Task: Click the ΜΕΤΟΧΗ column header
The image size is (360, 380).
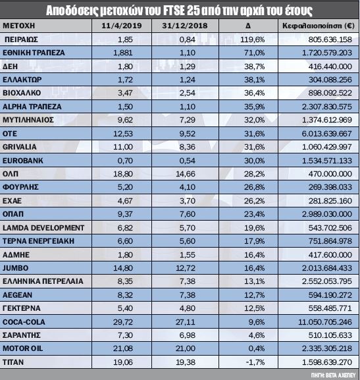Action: [x=19, y=26]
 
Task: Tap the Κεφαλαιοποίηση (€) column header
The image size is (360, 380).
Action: [x=319, y=26]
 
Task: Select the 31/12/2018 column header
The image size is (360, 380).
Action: [x=185, y=26]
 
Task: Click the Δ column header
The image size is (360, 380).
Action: [x=248, y=26]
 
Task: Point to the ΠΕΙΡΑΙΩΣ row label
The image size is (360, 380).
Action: [x=21, y=40]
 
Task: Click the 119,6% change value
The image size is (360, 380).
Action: [x=253, y=40]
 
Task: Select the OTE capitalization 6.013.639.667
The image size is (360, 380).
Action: [x=327, y=134]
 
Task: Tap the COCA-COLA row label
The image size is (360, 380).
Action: [x=24, y=322]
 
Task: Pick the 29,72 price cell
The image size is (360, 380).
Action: [x=123, y=322]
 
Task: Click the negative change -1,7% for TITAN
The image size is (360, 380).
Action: [x=255, y=362]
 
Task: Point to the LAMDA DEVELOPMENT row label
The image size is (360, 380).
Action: [x=43, y=228]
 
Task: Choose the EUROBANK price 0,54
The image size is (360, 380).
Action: [x=188, y=161]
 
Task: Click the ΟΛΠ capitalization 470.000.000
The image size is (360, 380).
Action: [x=330, y=174]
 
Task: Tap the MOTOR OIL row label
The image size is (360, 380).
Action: [x=22, y=348]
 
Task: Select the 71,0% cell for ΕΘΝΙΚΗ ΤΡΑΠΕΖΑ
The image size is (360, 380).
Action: [x=255, y=53]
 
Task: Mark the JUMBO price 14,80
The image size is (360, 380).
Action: [x=123, y=268]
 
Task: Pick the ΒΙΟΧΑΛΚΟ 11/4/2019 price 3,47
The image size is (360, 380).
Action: [x=125, y=93]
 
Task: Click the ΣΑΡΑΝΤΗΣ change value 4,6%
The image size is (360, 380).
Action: [x=257, y=335]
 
